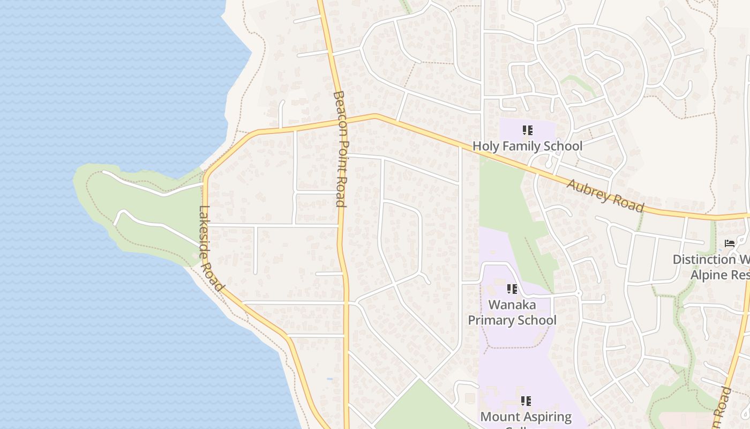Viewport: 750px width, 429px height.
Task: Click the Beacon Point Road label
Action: (x=340, y=149)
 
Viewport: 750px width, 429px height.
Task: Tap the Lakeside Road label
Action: (x=211, y=248)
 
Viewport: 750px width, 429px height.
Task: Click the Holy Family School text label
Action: (x=527, y=146)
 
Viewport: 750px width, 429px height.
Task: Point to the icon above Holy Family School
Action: (x=527, y=130)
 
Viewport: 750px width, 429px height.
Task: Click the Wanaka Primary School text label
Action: (x=512, y=313)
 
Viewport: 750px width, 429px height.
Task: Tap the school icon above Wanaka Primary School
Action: (x=512, y=290)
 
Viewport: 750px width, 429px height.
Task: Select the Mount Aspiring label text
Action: (x=526, y=417)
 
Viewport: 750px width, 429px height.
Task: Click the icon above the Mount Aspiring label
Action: (x=526, y=401)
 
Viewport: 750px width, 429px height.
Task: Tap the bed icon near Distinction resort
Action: (x=729, y=243)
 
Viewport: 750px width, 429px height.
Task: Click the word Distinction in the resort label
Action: (x=704, y=260)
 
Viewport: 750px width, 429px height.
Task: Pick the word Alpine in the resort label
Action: (x=704, y=275)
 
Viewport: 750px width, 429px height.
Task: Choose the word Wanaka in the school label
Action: (x=512, y=305)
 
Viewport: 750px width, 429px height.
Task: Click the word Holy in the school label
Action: (x=484, y=146)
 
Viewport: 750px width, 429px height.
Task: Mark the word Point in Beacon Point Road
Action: (x=340, y=156)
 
